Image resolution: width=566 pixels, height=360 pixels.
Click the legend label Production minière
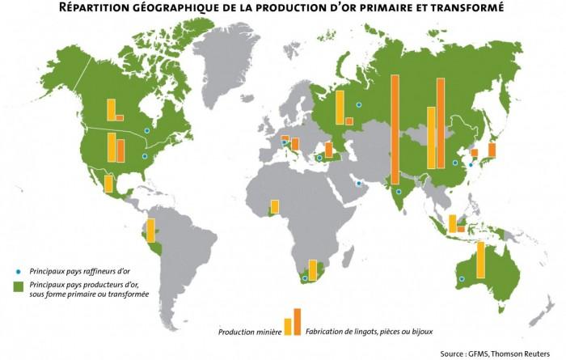coord(249,332)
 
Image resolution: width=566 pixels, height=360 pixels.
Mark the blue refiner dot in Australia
coord(462,280)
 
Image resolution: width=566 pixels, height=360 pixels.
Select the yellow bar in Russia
coord(340,108)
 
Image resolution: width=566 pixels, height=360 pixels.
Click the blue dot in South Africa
coord(305,278)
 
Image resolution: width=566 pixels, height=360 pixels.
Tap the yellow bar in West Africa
coord(275,208)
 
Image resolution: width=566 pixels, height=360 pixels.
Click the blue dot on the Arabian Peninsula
coord(358,184)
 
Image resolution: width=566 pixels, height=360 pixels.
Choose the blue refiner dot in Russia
coord(358,105)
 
